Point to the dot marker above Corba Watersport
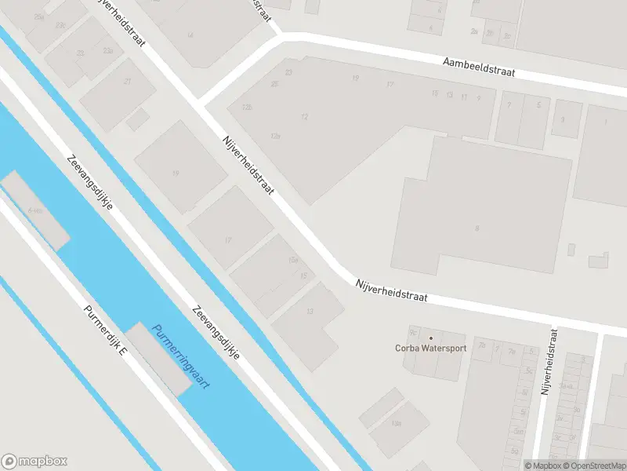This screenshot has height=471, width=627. (430, 338)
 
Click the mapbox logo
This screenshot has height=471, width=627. (34, 462)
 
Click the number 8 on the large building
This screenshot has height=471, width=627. (477, 228)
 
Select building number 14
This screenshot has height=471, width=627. (190, 35)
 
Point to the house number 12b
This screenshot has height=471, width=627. (248, 107)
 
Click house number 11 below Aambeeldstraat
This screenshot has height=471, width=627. (464, 97)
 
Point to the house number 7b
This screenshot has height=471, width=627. (482, 345)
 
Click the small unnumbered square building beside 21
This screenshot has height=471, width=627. (138, 119)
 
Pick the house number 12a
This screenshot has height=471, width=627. (275, 136)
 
